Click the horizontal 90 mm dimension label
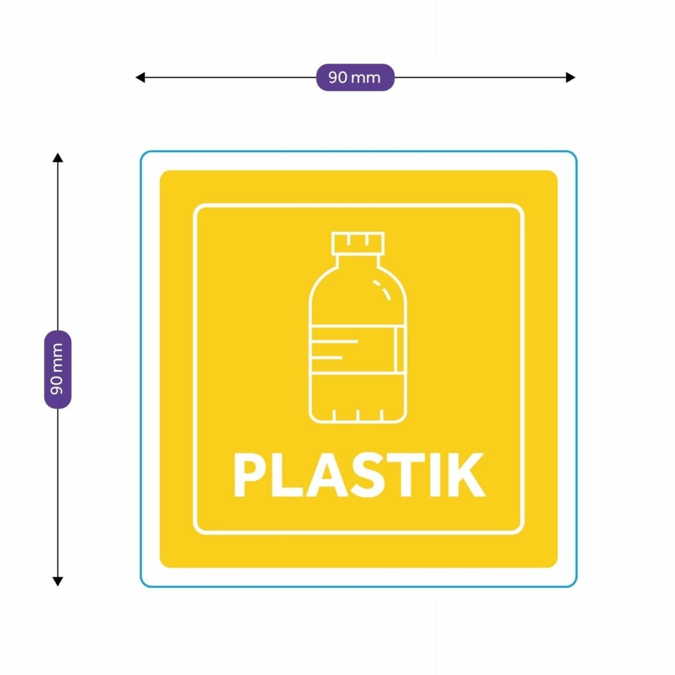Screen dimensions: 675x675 pos(355,78)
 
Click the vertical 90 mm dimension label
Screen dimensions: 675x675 pos(58,369)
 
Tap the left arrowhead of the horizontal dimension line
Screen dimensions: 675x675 pos(140,78)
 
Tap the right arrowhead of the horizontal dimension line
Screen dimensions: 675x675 pos(570,78)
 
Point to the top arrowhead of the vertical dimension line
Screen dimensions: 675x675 pos(58,157)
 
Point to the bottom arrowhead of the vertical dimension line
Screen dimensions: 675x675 pos(58,581)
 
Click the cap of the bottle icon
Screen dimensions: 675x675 pos(358,243)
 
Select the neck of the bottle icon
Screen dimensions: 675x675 pos(358,260)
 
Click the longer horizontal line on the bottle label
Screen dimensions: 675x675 pos(335,341)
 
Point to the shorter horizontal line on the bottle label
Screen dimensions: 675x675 pos(326,358)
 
